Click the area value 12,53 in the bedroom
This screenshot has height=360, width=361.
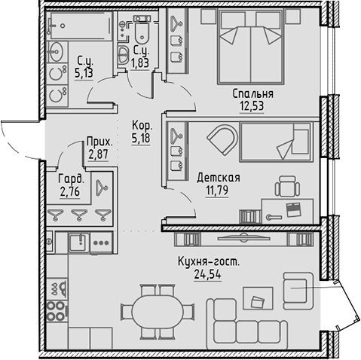pyautogui.click(x=252, y=107)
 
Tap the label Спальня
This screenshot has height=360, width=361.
pyautogui.click(x=252, y=94)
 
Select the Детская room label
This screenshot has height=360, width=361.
pyautogui.click(x=219, y=178)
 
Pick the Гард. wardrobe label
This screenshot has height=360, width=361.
pyautogui.click(x=71, y=180)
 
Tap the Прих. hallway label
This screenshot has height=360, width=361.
pyautogui.click(x=99, y=142)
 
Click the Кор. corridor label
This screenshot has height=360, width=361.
pyautogui.click(x=142, y=127)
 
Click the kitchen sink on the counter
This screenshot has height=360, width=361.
pyautogui.click(x=76, y=243)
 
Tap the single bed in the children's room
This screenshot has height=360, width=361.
pyautogui.click(x=276, y=142)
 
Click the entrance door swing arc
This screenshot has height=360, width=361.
pyautogui.click(x=15, y=139)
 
